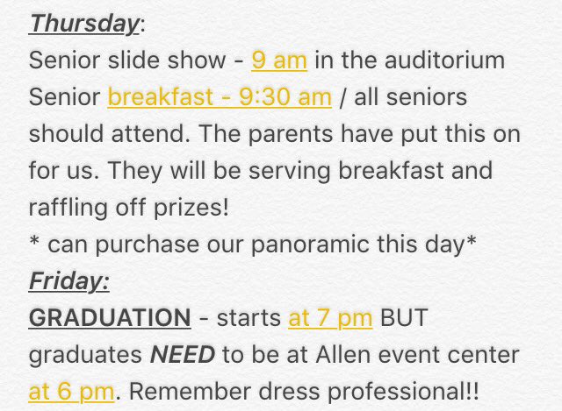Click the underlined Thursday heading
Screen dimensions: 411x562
(x=84, y=25)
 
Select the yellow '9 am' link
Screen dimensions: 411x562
(x=278, y=60)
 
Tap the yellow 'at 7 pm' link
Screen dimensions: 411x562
(x=330, y=318)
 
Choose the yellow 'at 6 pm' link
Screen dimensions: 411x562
(x=71, y=392)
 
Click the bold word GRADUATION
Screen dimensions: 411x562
(x=109, y=318)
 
